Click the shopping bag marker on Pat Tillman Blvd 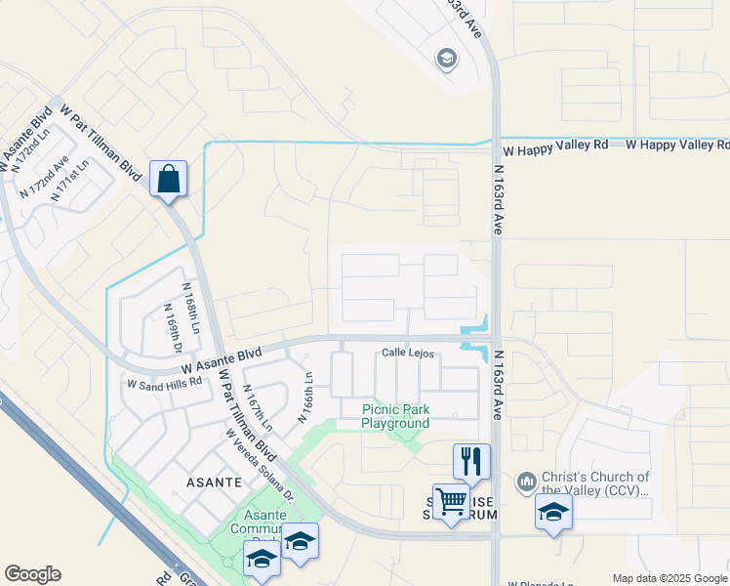pos(168,180)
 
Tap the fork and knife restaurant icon pos(471,462)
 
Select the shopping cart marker pos(451,502)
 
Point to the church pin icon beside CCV pos(526,481)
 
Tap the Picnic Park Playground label pos(395,417)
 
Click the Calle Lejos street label pos(407,354)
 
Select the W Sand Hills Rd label pos(164,382)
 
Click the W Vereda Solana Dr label pos(259,465)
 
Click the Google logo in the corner pos(32,574)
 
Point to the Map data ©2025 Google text pos(669,578)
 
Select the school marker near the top pos(447,60)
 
